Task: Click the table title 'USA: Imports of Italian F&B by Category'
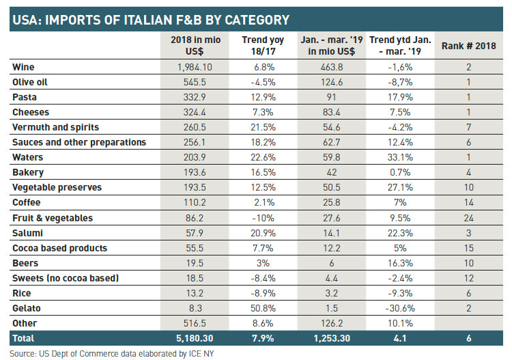click(150, 19)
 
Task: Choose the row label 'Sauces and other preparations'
click(79, 142)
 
